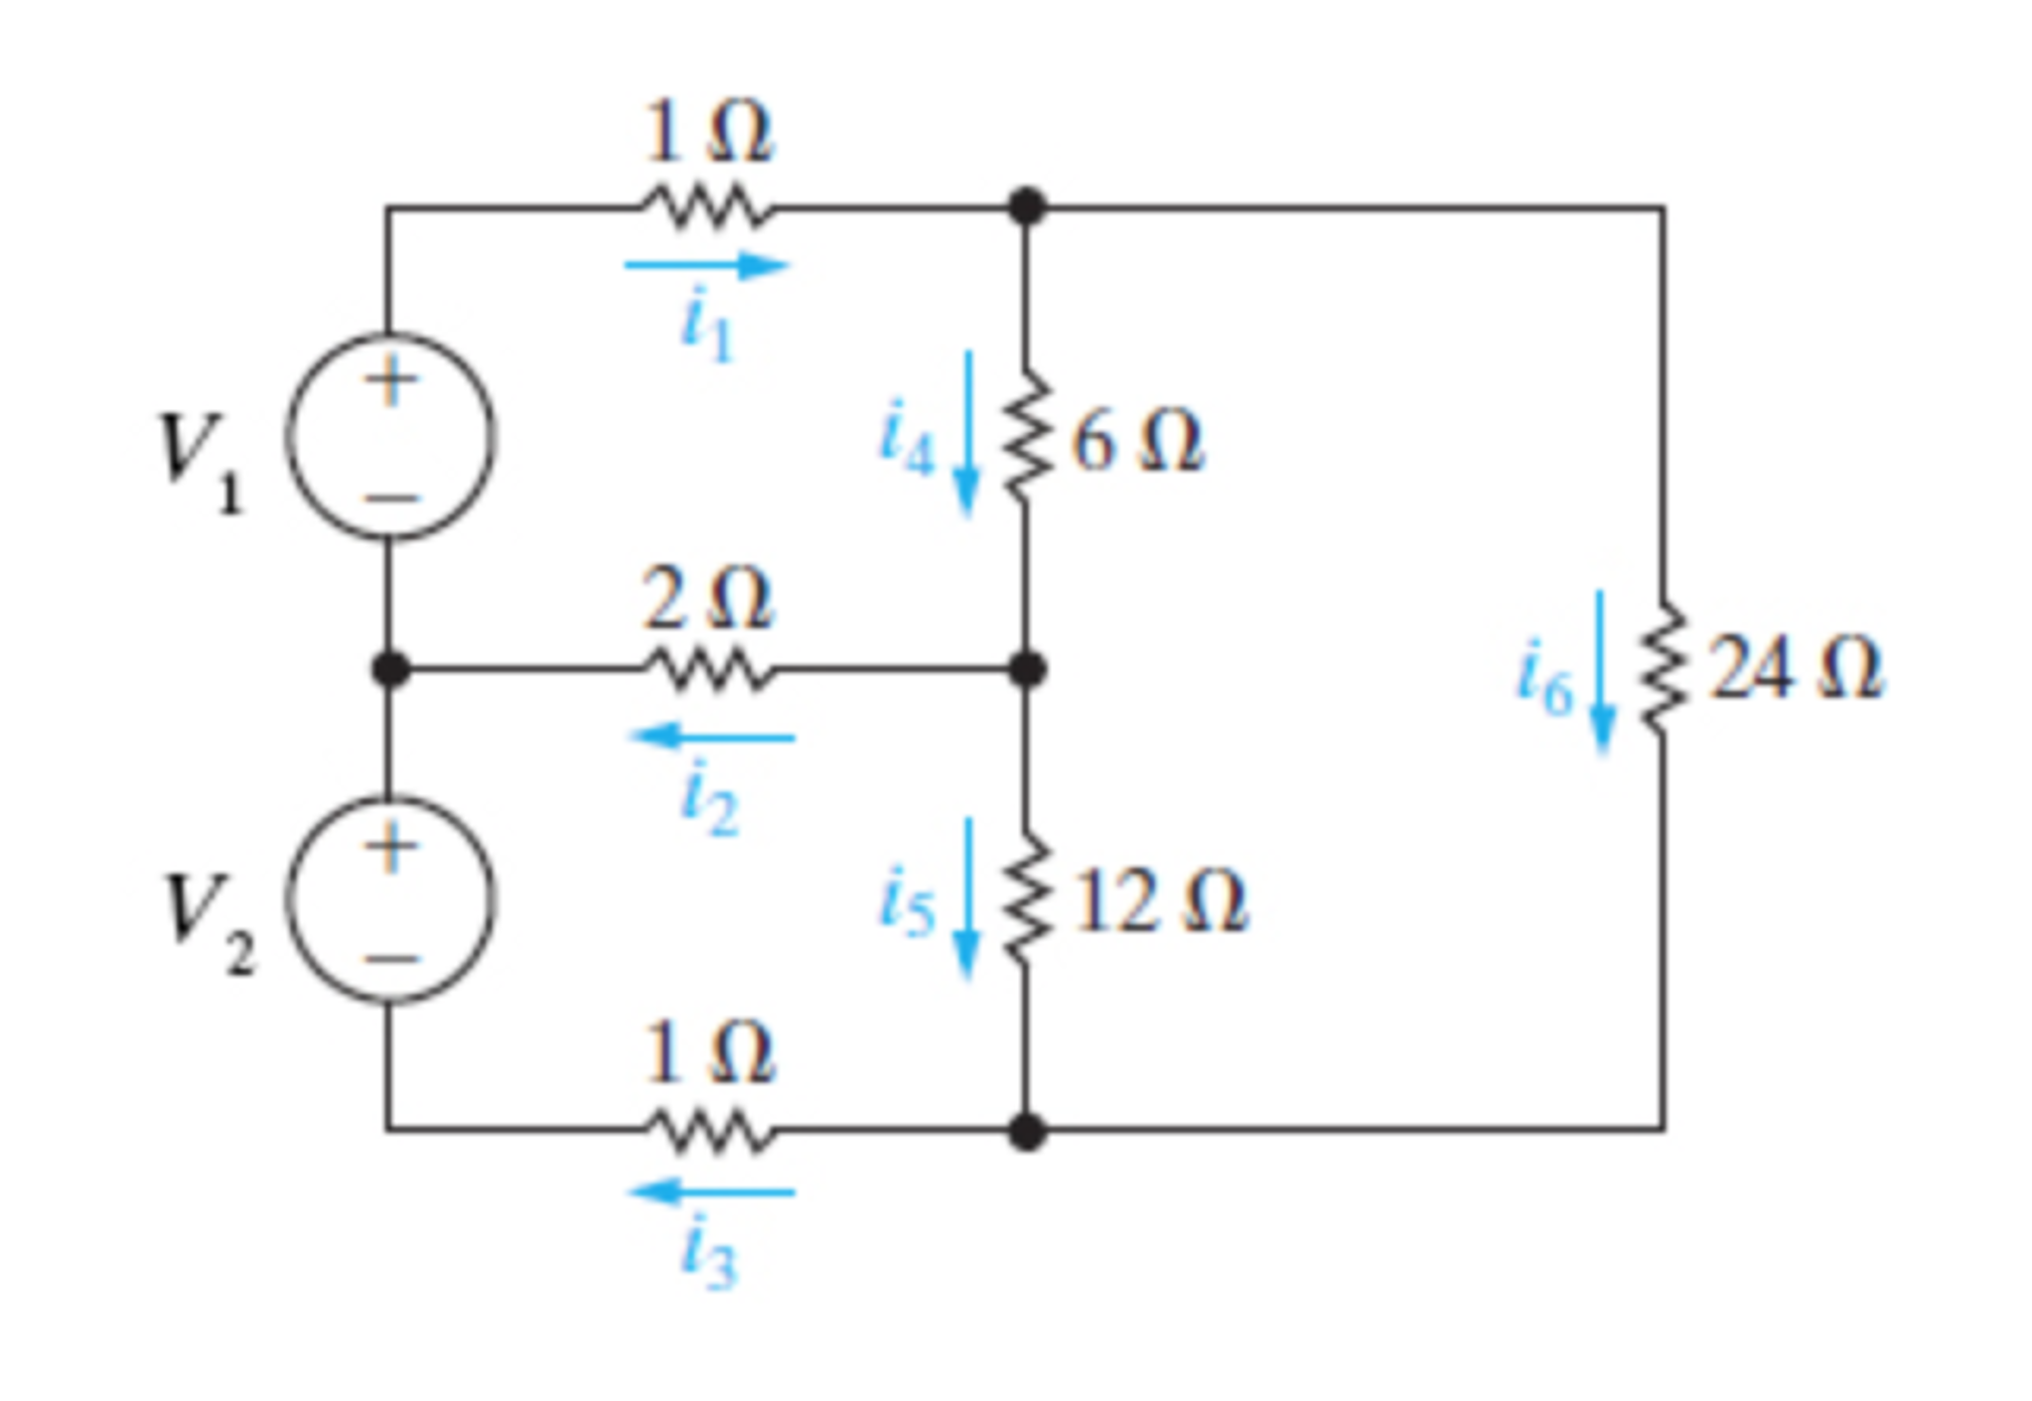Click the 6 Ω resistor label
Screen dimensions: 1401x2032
click(1136, 442)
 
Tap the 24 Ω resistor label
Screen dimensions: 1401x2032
click(1794, 668)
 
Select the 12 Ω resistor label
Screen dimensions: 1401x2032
click(1159, 902)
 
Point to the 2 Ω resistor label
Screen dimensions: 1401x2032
click(706, 600)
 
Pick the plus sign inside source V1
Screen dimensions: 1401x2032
click(390, 381)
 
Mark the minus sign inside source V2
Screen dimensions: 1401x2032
click(390, 959)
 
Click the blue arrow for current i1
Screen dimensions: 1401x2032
click(706, 266)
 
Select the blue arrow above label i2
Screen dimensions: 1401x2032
click(711, 737)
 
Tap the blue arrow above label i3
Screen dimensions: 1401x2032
click(711, 1191)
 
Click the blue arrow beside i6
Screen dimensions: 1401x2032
click(1601, 672)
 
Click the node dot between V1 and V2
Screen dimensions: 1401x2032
click(390, 669)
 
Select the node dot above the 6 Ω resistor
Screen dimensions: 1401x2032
click(1026, 208)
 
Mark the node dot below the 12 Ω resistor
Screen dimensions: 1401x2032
click(1026, 1131)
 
